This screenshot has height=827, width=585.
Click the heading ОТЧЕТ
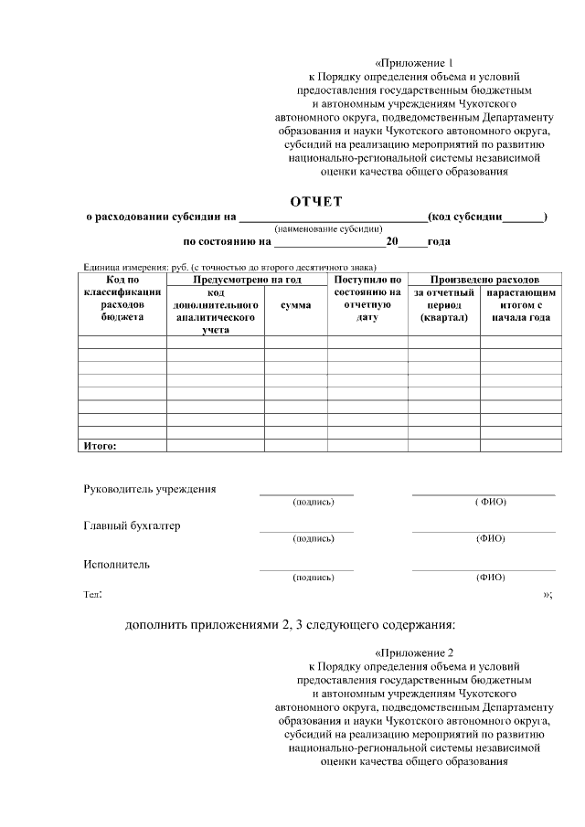click(x=315, y=201)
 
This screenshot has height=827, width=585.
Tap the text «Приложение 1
click(x=414, y=62)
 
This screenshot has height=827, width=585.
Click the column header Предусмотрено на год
click(x=248, y=280)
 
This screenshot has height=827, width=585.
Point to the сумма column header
click(x=295, y=305)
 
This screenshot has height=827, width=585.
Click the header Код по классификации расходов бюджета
click(x=122, y=298)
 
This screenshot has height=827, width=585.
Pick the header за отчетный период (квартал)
click(x=443, y=305)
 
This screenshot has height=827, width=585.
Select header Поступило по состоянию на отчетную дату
click(x=367, y=298)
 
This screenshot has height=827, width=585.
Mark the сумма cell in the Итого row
click(x=295, y=446)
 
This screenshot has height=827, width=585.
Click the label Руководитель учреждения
click(x=150, y=489)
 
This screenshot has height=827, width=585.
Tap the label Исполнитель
click(x=116, y=564)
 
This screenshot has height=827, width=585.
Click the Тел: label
click(x=93, y=595)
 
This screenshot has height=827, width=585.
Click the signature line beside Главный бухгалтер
click(x=306, y=531)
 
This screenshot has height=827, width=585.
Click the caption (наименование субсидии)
click(x=328, y=228)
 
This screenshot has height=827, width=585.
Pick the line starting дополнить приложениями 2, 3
click(x=290, y=625)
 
